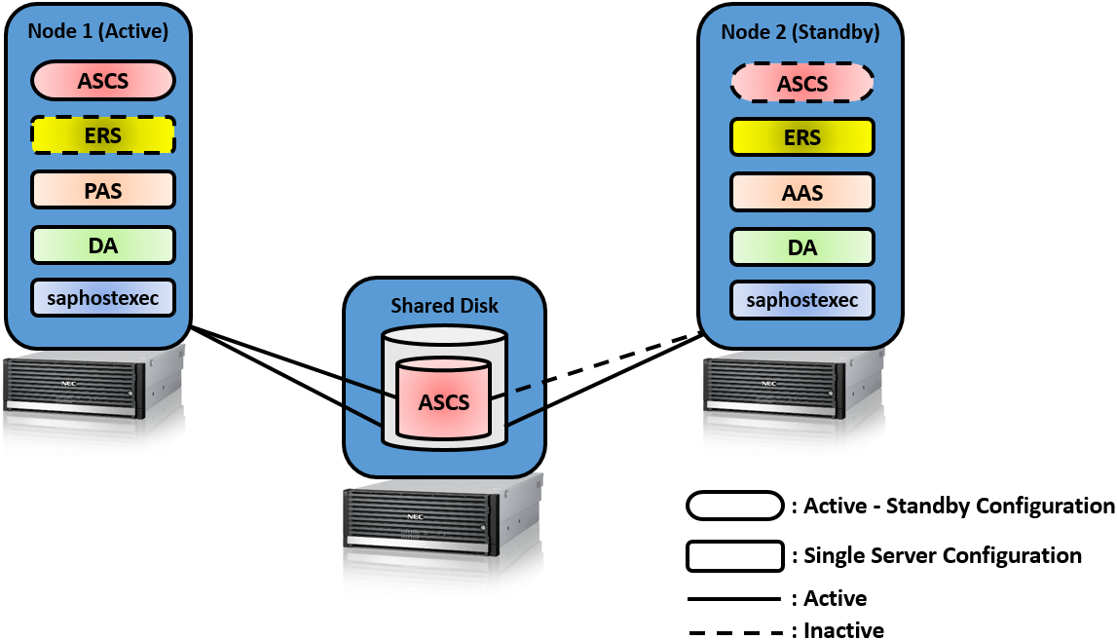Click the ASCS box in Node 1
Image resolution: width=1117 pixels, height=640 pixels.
[103, 81]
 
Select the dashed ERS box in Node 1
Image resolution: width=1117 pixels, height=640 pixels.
[103, 135]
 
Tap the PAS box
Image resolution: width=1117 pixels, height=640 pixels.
[103, 190]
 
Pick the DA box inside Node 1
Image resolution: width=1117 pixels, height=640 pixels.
[103, 245]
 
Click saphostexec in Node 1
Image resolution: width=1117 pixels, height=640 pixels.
[103, 298]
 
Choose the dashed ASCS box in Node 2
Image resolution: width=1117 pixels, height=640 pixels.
[802, 84]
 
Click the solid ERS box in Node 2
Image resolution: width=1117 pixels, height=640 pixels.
[802, 137]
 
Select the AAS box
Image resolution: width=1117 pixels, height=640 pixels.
[802, 192]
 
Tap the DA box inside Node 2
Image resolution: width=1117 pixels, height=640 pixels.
[802, 246]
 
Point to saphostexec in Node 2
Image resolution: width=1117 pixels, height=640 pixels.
[802, 300]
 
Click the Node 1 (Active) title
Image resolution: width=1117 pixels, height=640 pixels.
[98, 31]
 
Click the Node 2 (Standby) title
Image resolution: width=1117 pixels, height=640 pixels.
[801, 32]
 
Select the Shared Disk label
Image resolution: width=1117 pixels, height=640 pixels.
[444, 305]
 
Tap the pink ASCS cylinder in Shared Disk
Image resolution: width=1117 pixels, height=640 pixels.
[444, 401]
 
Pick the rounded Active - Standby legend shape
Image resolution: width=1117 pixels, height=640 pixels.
[734, 506]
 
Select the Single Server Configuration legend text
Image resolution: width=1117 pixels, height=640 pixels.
[943, 555]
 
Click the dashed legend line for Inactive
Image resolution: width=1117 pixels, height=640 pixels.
[734, 632]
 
